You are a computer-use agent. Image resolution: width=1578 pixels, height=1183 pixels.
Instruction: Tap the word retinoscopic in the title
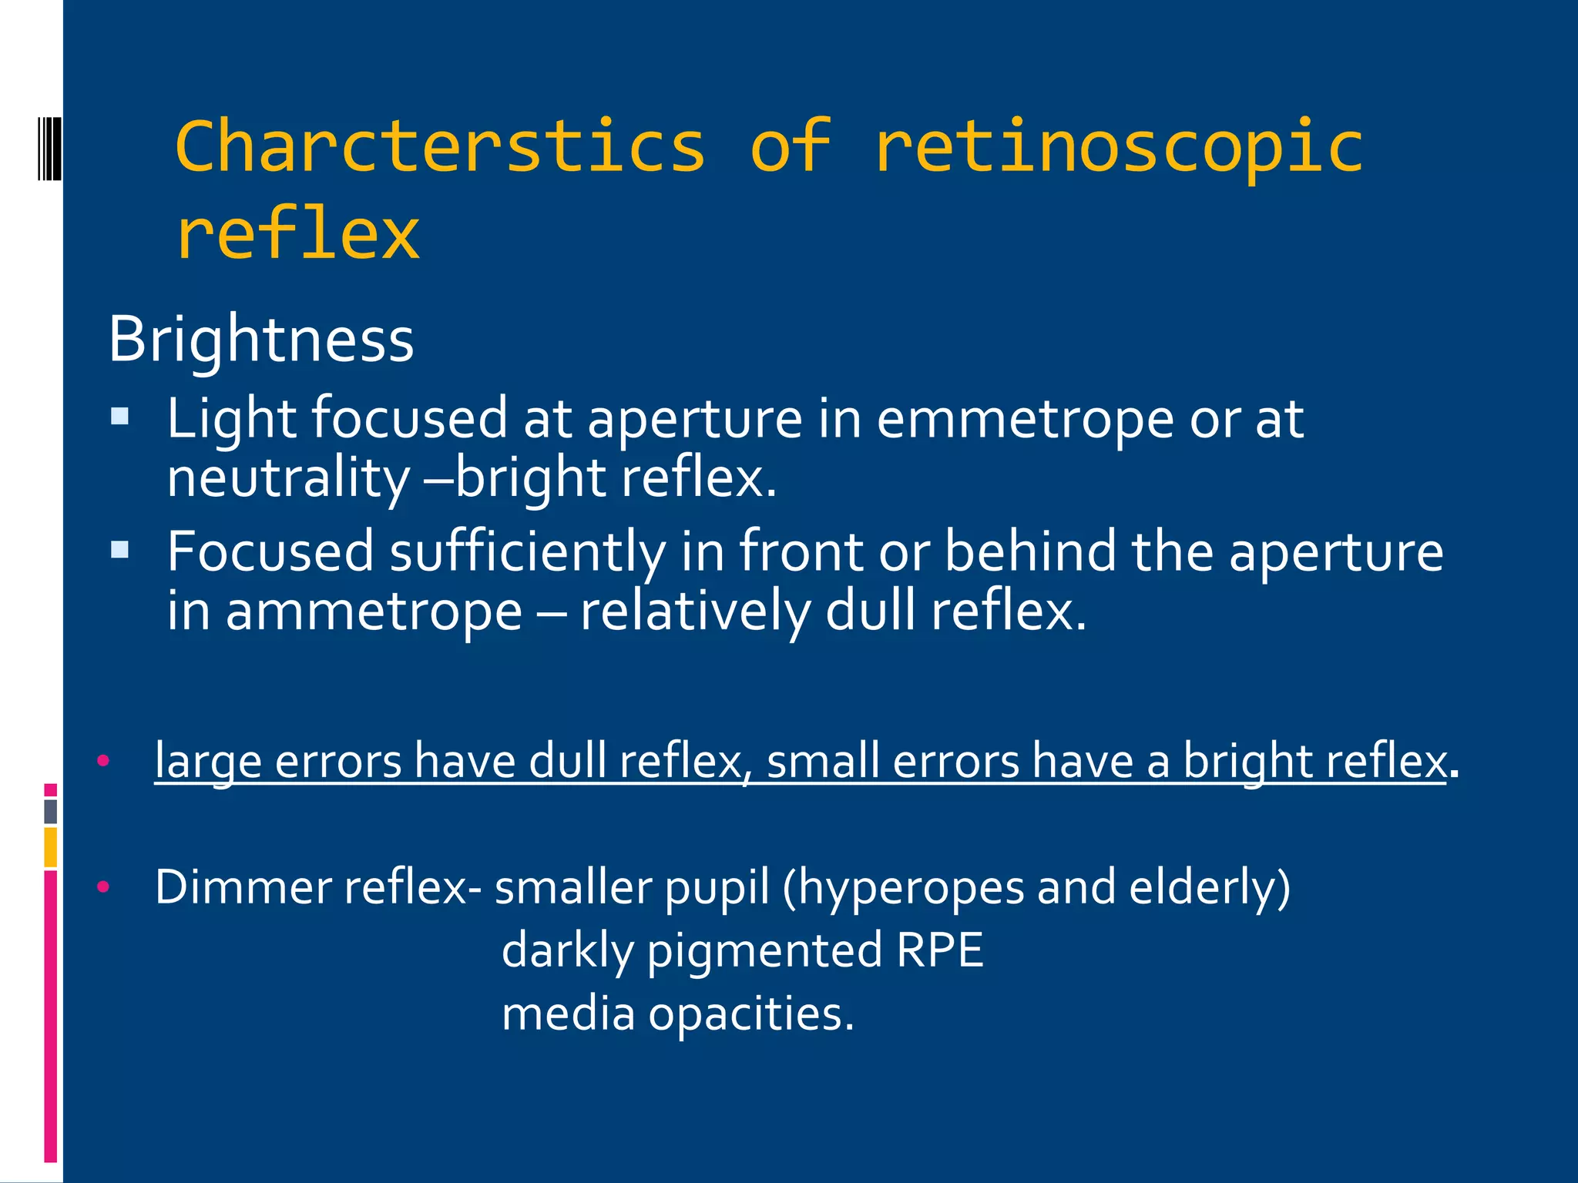pos(1118,149)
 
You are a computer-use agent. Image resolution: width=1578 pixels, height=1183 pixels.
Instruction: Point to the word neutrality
pos(289,478)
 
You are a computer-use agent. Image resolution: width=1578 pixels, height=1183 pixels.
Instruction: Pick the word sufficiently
pos(528,552)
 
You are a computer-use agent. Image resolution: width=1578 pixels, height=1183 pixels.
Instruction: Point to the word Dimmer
pos(242,887)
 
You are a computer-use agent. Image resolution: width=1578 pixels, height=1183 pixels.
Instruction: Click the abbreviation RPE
pos(940,950)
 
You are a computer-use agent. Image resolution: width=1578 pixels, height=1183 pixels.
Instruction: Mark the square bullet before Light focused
pos(119,417)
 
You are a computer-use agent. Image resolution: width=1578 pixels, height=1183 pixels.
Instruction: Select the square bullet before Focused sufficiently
pos(119,550)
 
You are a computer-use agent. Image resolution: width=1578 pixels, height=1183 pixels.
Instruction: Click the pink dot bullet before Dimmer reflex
pos(103,887)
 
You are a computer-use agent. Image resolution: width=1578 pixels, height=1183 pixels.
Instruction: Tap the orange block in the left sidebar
pos(51,847)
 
